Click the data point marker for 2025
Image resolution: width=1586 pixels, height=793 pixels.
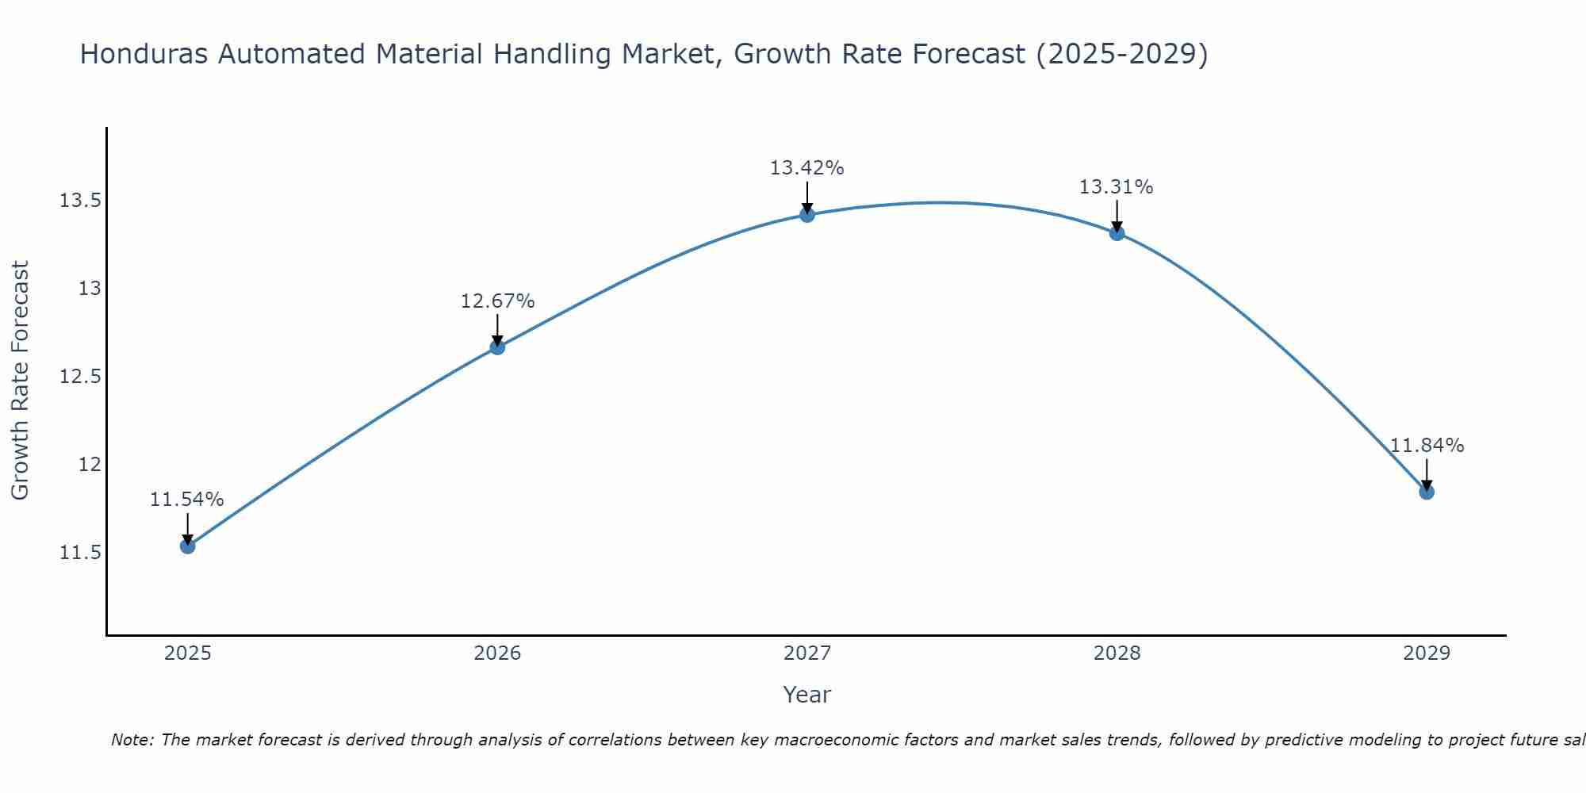[x=188, y=546]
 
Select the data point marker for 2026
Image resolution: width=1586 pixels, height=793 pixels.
[x=497, y=347]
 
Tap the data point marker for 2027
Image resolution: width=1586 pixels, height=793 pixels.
[x=807, y=214]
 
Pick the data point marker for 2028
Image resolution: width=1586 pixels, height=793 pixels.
[x=1117, y=233]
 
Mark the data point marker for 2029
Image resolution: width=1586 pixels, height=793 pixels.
[x=1427, y=492]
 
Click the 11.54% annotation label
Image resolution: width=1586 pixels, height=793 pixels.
[x=187, y=500]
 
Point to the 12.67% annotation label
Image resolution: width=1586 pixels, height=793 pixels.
[x=497, y=301]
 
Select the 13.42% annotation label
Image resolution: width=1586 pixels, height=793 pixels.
[x=806, y=168]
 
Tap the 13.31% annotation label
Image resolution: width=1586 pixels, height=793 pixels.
[x=1116, y=187]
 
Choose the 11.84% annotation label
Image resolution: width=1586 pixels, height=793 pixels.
[x=1427, y=446]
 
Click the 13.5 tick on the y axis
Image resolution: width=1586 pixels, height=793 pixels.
[x=80, y=201]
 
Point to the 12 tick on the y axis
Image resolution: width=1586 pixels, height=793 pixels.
[x=90, y=464]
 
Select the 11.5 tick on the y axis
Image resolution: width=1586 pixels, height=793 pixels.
[x=80, y=552]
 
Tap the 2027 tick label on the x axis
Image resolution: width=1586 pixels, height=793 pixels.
[x=807, y=653]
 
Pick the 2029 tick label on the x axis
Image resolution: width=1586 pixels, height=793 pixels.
[x=1427, y=653]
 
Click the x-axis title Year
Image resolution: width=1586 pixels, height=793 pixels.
[x=806, y=695]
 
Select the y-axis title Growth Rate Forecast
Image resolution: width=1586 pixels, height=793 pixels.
[x=20, y=380]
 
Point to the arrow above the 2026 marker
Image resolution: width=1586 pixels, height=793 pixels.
[x=497, y=328]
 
